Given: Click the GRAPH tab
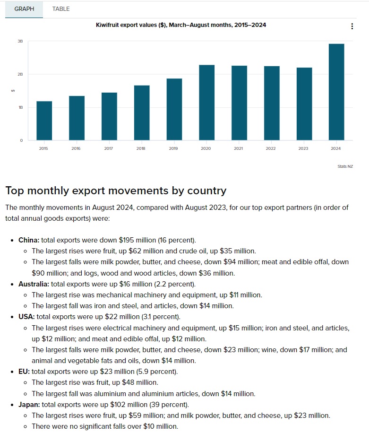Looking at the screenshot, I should point(24,9).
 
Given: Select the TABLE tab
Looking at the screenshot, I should point(61,9).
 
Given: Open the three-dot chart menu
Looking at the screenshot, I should point(352,26).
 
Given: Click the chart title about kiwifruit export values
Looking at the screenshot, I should point(181,25).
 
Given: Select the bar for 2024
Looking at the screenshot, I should point(336,92).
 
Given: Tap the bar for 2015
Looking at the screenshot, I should point(44,121).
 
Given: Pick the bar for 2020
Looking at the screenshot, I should point(206,103).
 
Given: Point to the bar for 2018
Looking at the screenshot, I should point(141,113).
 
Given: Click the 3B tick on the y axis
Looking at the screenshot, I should point(20,42).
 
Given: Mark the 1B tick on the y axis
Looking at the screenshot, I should point(20,107).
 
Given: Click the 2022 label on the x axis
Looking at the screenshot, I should point(271,148).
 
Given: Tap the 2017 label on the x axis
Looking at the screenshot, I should point(109,148).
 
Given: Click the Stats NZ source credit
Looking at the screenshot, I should point(346,166).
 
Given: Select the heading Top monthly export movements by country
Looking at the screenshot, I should point(116,191).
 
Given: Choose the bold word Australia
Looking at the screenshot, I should point(34,284).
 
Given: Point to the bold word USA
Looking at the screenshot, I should point(26,317).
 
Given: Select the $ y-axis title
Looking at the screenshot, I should point(13,91).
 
